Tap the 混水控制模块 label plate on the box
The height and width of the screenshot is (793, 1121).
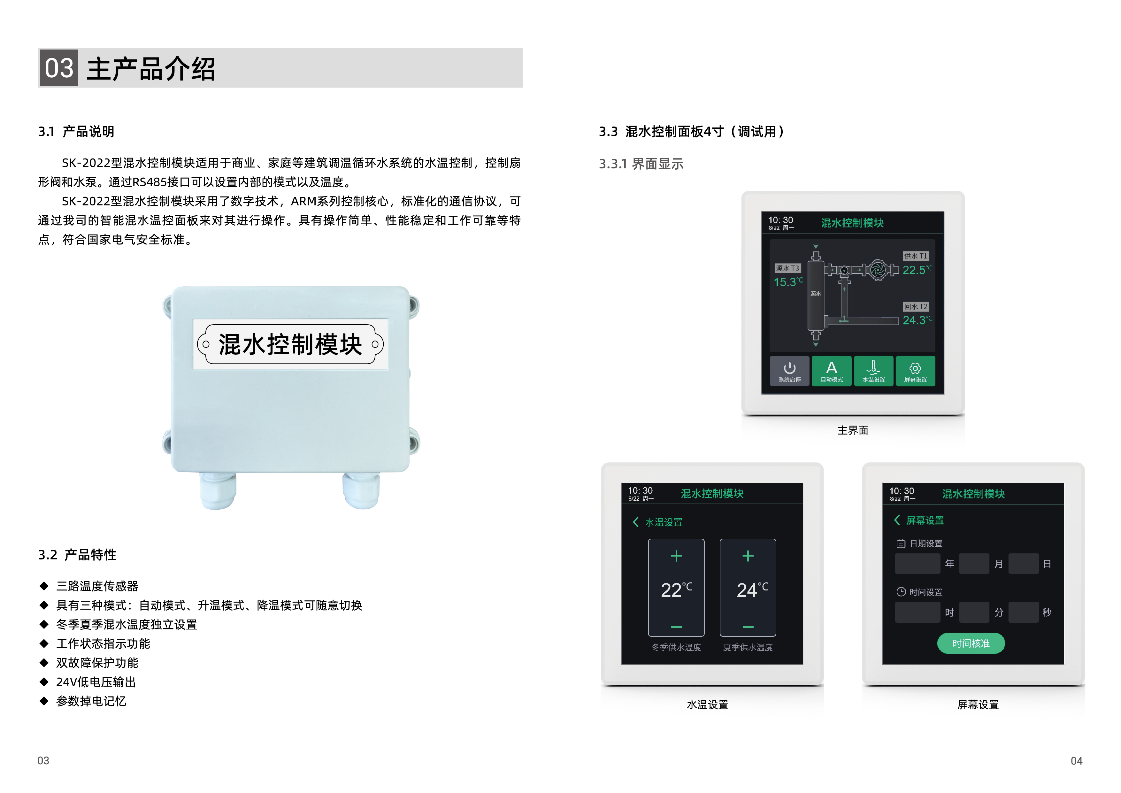point(290,344)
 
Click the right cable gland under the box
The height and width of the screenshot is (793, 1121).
point(361,490)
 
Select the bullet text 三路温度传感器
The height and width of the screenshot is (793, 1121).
point(97,586)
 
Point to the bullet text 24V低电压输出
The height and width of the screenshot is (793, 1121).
point(96,682)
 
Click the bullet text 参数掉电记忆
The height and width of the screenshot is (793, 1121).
point(91,701)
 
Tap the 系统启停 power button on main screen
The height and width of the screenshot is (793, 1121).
point(789,371)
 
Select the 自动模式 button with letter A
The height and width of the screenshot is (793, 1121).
point(832,371)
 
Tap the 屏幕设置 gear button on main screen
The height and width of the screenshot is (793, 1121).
point(916,371)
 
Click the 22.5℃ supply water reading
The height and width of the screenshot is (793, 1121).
point(917,270)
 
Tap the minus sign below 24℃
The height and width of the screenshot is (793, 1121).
point(748,627)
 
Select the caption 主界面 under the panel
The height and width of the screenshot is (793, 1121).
point(853,430)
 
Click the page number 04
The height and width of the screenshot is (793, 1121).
point(1077,761)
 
